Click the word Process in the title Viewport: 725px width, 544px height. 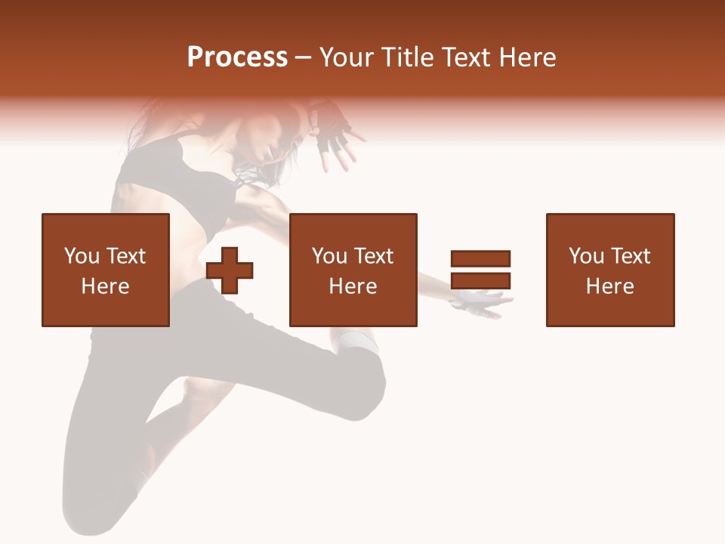click(x=237, y=57)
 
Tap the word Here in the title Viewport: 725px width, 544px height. click(x=527, y=57)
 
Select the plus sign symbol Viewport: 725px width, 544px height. click(x=230, y=270)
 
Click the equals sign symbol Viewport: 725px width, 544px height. click(x=480, y=270)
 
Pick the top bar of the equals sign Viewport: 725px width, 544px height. click(x=480, y=258)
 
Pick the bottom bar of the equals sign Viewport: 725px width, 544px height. click(x=480, y=281)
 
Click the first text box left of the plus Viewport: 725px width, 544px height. click(x=106, y=270)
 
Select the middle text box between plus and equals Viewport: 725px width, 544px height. click(x=353, y=270)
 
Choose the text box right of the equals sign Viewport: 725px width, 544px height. click(x=610, y=270)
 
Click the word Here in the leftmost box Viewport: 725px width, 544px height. click(x=106, y=286)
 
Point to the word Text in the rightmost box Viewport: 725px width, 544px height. click(x=630, y=256)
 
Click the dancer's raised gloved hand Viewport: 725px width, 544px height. click(x=331, y=128)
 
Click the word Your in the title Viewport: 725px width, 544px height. click(x=347, y=57)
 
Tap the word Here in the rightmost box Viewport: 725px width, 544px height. click(x=610, y=286)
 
